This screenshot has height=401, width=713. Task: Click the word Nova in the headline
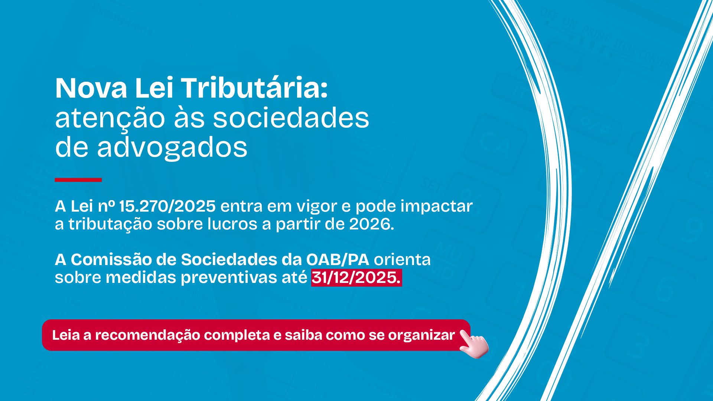(x=91, y=88)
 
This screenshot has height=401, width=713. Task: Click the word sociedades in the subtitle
(x=291, y=118)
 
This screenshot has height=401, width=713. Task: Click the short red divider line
(x=78, y=180)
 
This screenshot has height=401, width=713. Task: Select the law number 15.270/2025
(x=167, y=206)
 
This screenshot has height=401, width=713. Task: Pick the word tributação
(x=110, y=224)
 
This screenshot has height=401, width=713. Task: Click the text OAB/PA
(x=338, y=260)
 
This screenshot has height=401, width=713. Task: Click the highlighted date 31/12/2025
(x=356, y=277)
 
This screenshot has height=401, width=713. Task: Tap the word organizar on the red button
(x=421, y=335)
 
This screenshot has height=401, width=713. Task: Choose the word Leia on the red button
(x=66, y=335)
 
